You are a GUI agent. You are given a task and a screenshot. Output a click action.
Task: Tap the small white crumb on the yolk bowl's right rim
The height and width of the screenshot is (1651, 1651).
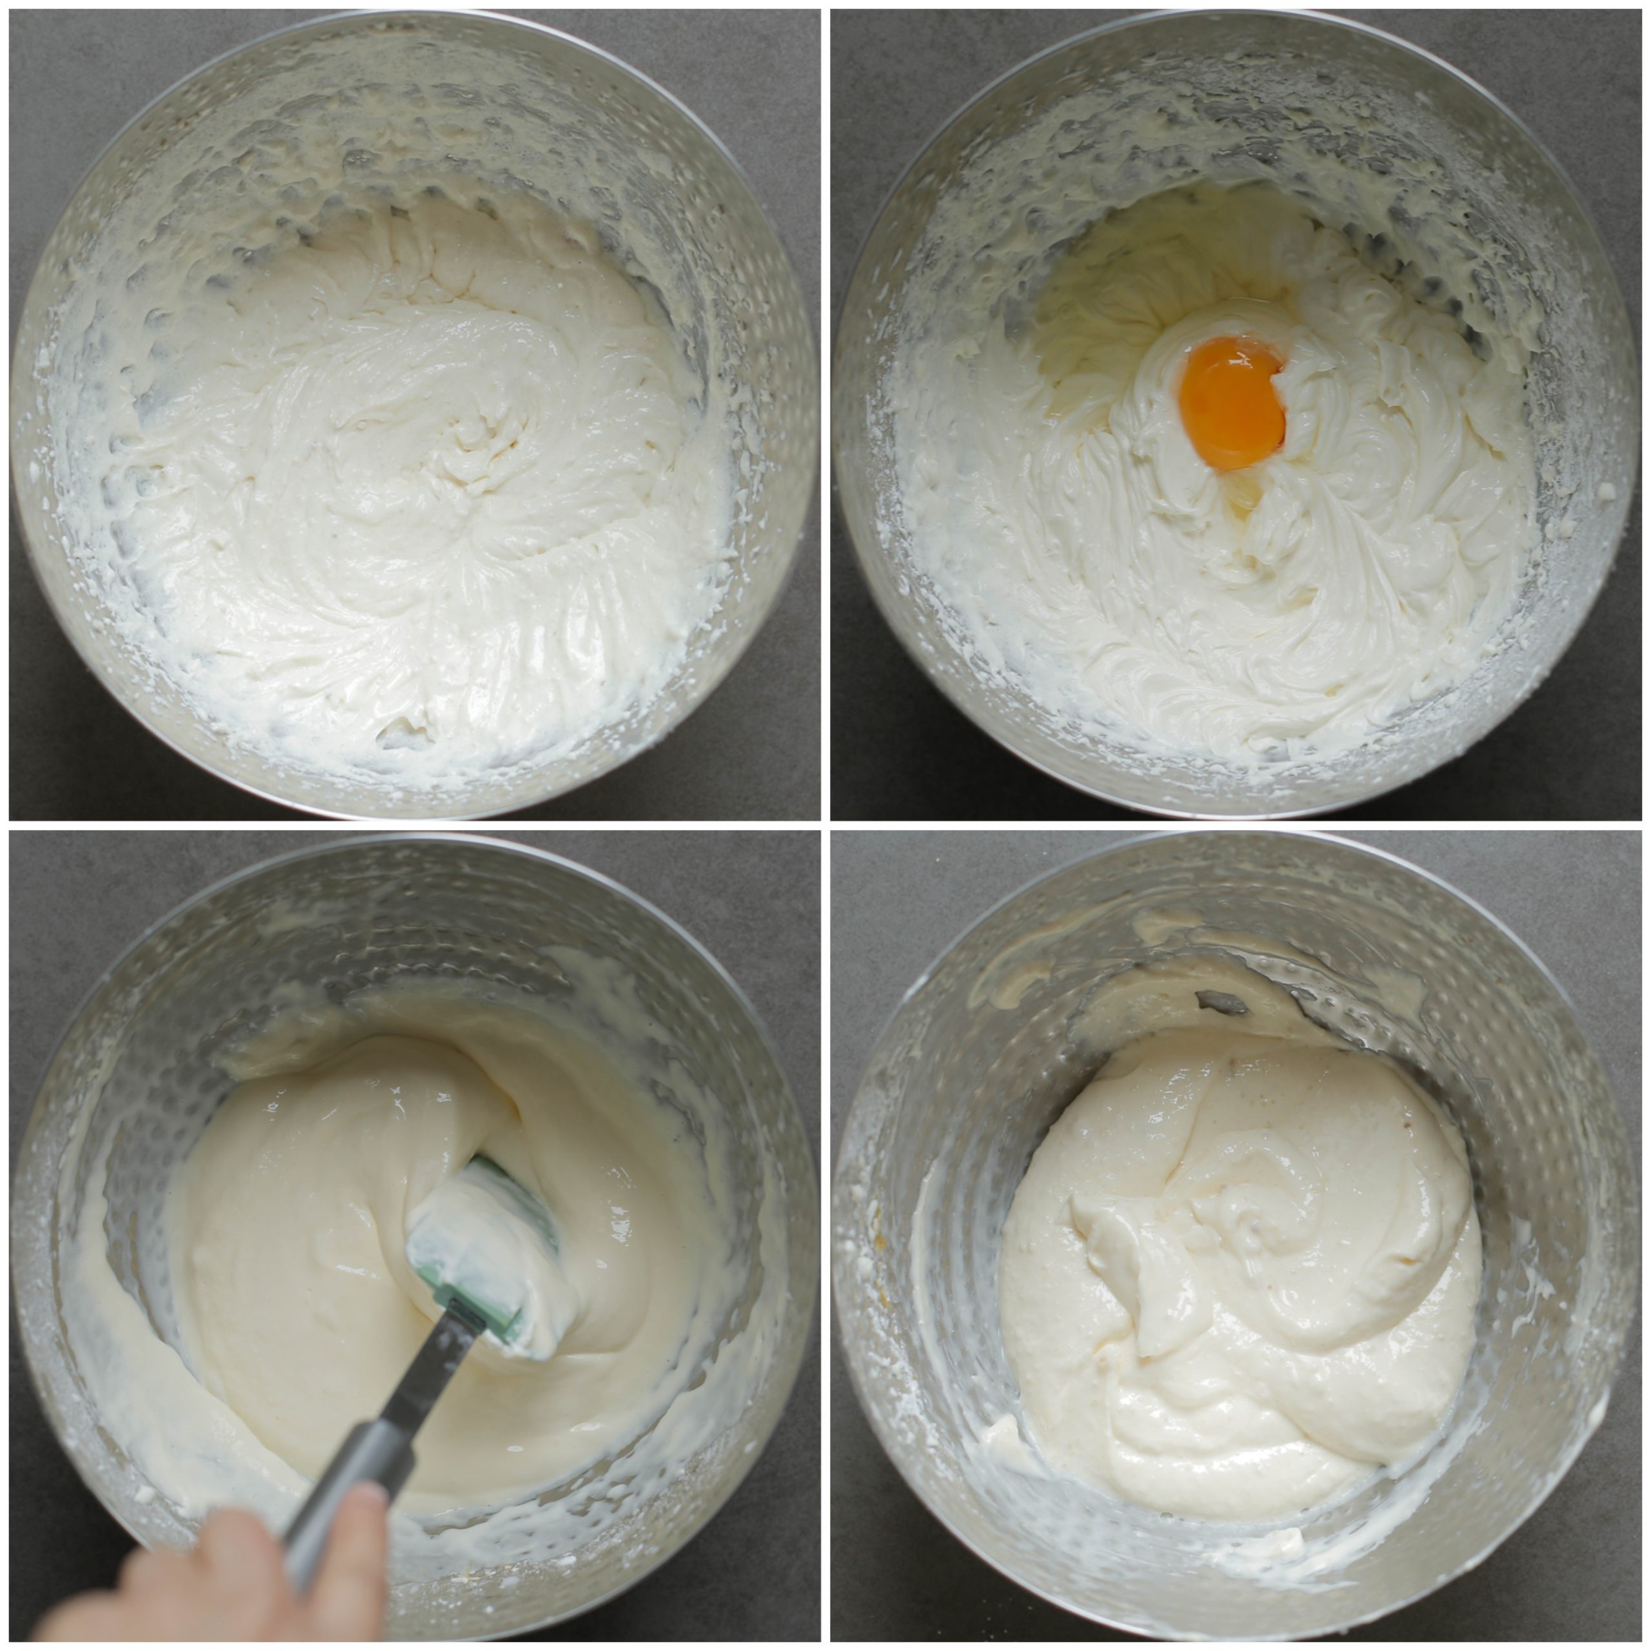[1606, 494]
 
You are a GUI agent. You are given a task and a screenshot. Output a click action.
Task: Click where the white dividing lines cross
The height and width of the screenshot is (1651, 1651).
[825, 825]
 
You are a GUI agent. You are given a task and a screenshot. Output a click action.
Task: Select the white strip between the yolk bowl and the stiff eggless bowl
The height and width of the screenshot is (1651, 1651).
[825, 410]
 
